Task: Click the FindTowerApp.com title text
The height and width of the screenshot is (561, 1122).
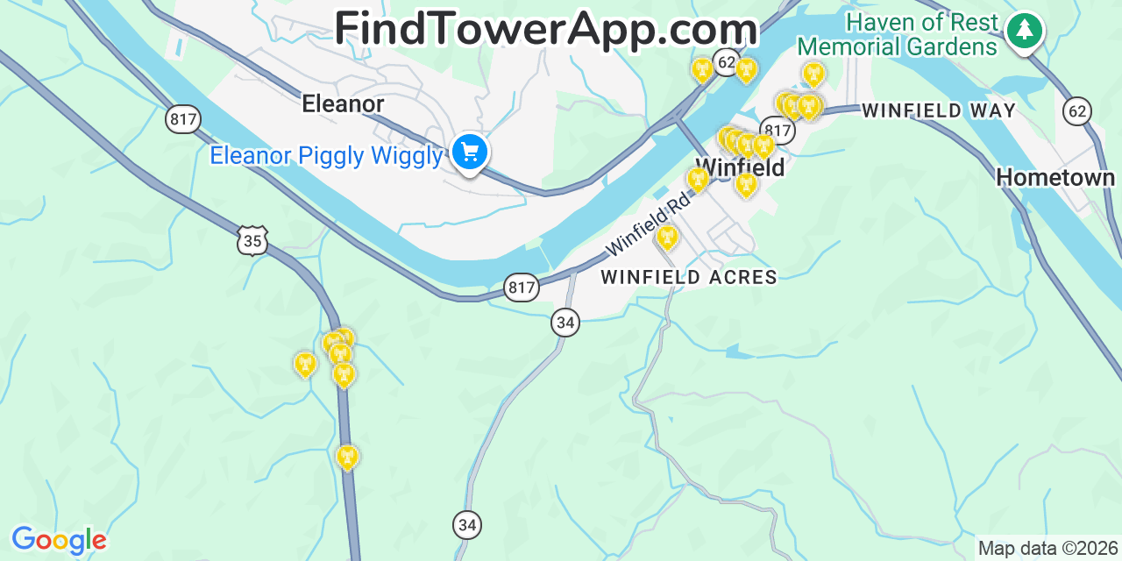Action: (x=545, y=29)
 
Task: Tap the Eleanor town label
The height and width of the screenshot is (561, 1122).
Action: (x=343, y=104)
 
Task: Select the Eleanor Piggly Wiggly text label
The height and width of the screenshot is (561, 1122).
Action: (x=326, y=156)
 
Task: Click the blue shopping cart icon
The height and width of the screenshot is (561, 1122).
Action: (x=470, y=153)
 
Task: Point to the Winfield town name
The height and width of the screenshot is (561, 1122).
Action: (x=740, y=167)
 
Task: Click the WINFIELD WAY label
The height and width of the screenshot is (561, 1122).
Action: (x=939, y=111)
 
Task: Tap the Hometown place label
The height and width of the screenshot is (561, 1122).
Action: (x=1055, y=178)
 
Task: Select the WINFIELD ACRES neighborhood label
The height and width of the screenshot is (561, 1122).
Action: (x=689, y=278)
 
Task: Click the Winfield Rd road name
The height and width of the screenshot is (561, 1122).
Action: (x=648, y=224)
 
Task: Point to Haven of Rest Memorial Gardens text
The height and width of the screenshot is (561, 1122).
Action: (x=898, y=34)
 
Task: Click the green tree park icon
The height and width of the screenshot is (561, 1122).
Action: (x=1024, y=31)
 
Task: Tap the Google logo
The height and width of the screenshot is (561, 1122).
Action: (x=59, y=540)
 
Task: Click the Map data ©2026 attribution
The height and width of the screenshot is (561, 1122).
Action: (x=1047, y=549)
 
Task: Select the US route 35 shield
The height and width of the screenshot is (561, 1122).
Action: (x=252, y=240)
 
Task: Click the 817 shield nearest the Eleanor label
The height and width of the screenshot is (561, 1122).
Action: (x=182, y=119)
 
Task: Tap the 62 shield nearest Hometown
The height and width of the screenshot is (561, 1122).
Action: (x=1077, y=110)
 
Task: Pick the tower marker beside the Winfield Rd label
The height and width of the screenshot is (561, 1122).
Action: (x=667, y=237)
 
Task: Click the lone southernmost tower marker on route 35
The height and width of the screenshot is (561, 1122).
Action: (x=348, y=456)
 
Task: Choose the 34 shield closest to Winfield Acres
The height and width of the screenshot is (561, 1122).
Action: (x=565, y=323)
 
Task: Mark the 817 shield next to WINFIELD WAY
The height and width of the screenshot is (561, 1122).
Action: (x=778, y=131)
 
